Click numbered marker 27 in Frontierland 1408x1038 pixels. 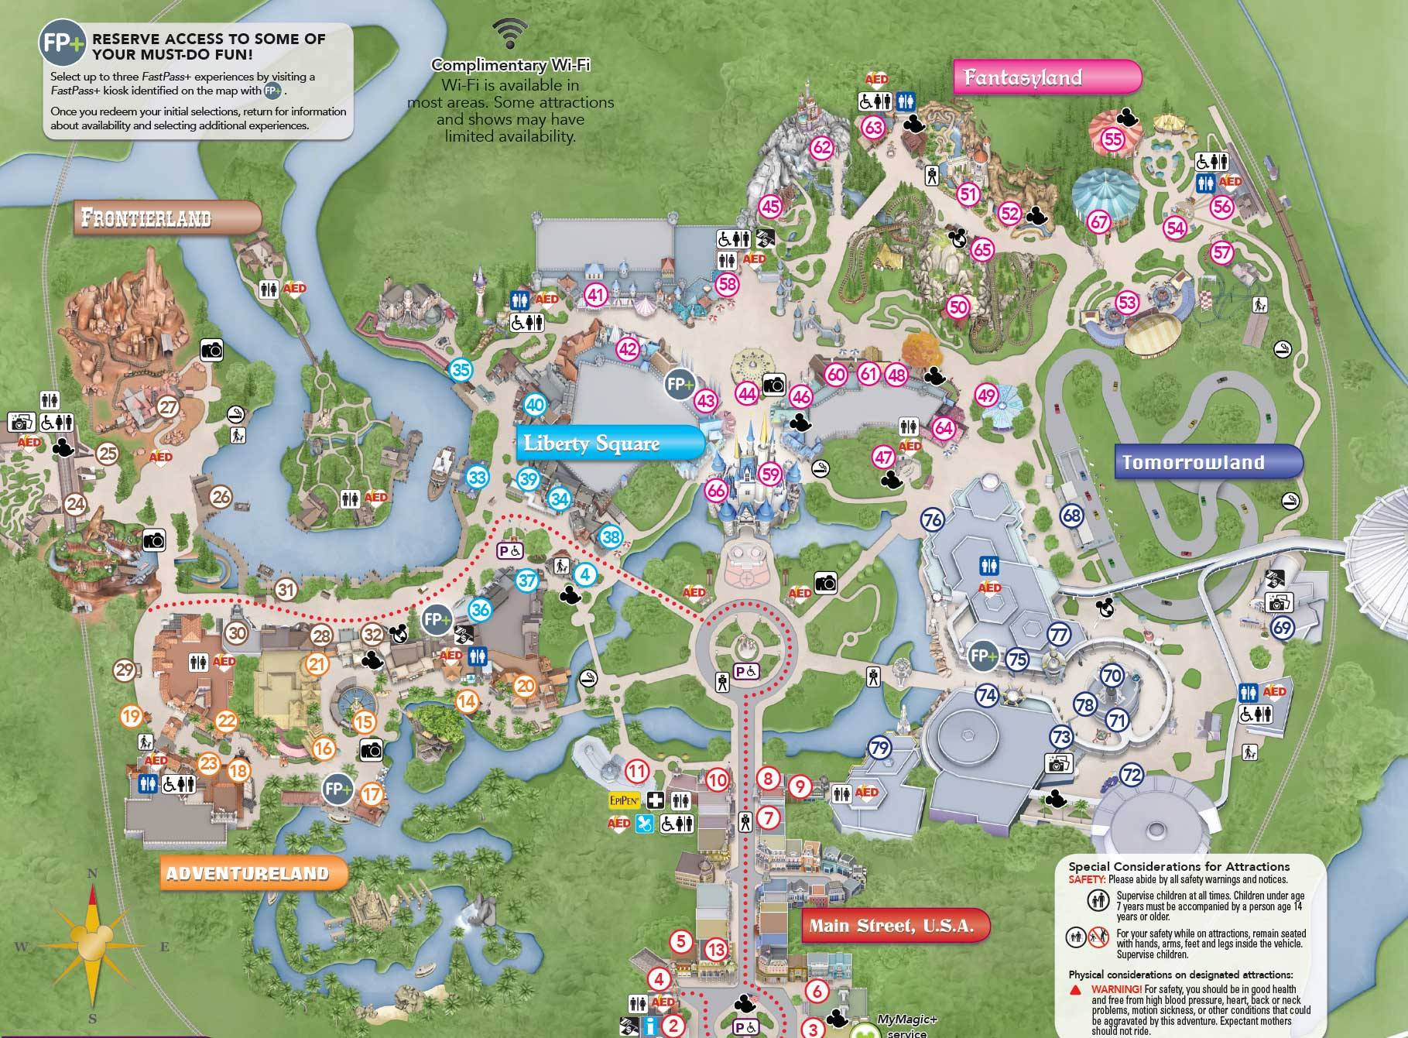click(168, 407)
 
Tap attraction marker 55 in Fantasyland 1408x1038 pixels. click(1112, 139)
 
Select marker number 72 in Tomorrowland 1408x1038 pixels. click(1132, 775)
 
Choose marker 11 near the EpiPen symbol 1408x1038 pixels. click(637, 771)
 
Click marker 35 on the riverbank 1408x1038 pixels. click(461, 370)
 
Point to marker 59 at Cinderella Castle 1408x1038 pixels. click(770, 474)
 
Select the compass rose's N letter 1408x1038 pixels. click(93, 874)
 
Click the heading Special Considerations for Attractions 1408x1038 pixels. click(1179, 866)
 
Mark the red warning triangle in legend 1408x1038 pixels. click(1075, 989)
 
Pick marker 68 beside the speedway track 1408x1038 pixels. click(1072, 516)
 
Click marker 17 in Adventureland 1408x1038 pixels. click(372, 793)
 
